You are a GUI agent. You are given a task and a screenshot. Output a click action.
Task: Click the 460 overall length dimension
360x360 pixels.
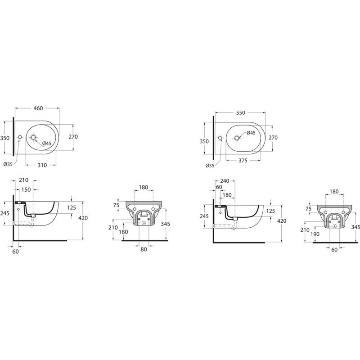tap(38, 108)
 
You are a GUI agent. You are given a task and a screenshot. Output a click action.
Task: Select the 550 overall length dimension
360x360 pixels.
tap(240, 113)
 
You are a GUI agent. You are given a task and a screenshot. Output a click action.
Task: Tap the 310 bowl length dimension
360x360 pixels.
tap(42, 165)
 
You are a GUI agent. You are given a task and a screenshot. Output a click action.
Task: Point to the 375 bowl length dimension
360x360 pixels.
tap(243, 160)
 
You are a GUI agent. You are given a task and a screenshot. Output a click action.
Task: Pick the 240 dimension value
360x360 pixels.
tap(225, 181)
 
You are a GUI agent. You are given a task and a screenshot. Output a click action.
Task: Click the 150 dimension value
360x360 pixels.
tap(26, 189)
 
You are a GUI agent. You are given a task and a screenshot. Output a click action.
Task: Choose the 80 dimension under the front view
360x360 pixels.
tap(144, 249)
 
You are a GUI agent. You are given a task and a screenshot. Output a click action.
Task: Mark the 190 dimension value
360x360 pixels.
tap(315, 234)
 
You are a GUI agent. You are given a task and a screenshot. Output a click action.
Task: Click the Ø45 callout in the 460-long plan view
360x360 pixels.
tap(47, 144)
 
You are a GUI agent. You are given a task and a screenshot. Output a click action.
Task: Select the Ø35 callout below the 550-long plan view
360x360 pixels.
tap(210, 165)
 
